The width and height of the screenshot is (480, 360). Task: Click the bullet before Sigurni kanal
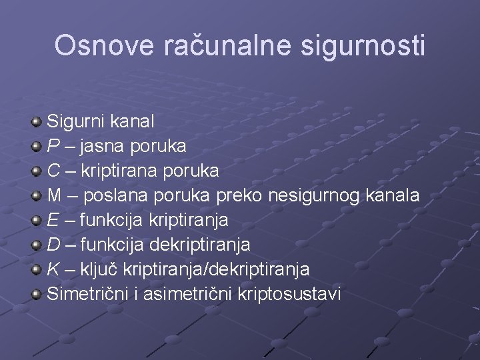37,121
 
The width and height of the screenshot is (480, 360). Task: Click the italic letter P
53,146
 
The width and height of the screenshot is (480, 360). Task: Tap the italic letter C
53,171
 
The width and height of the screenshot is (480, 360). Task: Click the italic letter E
53,220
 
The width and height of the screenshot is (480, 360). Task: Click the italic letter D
53,245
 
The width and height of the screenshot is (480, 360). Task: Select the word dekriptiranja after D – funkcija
200,245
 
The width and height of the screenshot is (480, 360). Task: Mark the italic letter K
53,269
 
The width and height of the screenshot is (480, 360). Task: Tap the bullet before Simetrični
37,294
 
